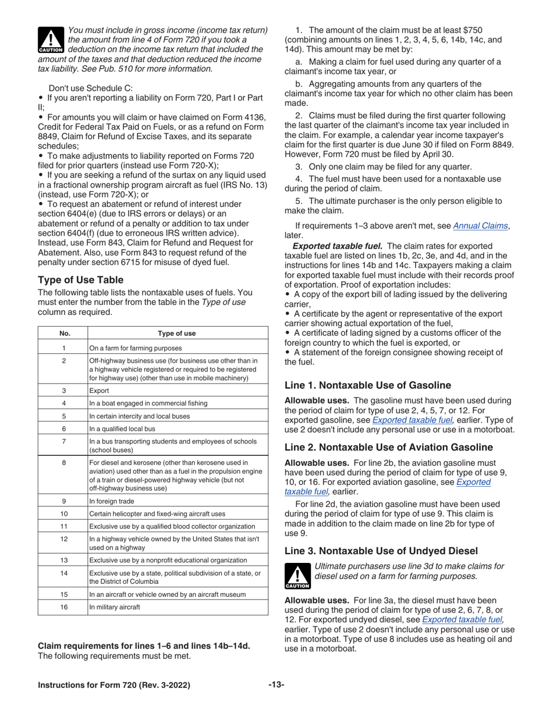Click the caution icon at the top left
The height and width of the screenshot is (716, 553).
(51, 40)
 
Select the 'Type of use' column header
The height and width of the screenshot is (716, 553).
(177, 334)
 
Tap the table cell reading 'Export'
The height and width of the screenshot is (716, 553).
(99, 391)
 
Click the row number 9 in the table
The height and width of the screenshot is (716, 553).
(64, 501)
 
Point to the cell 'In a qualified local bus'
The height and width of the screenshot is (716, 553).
(122, 429)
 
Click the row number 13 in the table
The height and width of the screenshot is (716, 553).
(64, 560)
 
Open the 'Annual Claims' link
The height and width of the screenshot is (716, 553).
(480, 226)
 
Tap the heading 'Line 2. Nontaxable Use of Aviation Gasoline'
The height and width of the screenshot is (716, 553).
(388, 447)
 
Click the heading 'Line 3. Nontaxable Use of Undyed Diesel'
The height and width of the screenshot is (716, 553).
(381, 551)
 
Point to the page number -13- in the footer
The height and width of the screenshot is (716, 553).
(276, 685)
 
